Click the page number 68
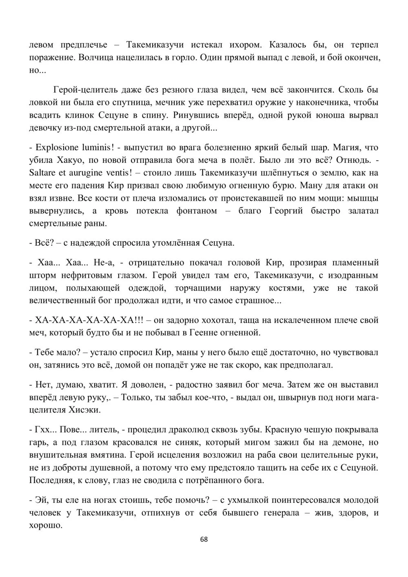point(204,539)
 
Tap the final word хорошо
point(46,525)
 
